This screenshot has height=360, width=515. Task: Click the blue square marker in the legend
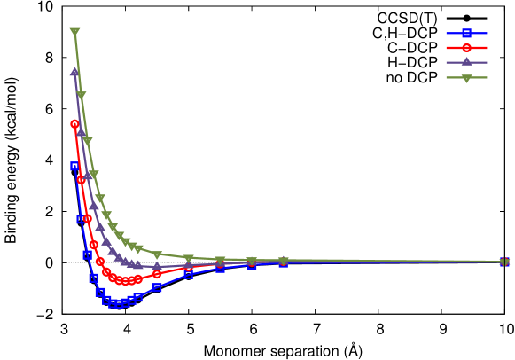[x=466, y=33]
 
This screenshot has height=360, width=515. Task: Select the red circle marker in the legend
[x=466, y=48]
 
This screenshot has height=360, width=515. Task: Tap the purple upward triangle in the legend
[x=466, y=62]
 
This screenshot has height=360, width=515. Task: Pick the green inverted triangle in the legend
[x=466, y=78]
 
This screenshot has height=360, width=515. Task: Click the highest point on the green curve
[x=74, y=32]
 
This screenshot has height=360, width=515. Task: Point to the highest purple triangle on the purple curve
[x=74, y=72]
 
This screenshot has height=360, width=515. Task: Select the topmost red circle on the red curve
[x=75, y=124]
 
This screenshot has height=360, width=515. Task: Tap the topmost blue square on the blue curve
[x=75, y=166]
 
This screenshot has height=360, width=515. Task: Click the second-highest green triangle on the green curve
[x=81, y=95]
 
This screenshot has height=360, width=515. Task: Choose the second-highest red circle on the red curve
[x=81, y=179]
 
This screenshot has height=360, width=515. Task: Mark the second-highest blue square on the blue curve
[x=81, y=218]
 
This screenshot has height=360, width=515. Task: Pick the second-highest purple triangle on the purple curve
[x=81, y=132]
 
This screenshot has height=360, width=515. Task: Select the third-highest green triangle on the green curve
[x=87, y=140]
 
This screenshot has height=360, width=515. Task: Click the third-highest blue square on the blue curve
[x=87, y=254]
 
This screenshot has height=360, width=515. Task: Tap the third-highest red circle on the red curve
[x=87, y=218]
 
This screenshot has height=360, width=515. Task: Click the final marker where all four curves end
[x=504, y=262]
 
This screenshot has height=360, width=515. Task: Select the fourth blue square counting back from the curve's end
[x=220, y=267]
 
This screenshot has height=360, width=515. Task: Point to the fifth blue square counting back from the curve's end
[x=188, y=275]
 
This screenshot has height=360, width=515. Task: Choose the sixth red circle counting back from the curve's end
[x=157, y=274]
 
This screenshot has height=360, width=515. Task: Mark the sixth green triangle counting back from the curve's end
[x=157, y=255]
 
